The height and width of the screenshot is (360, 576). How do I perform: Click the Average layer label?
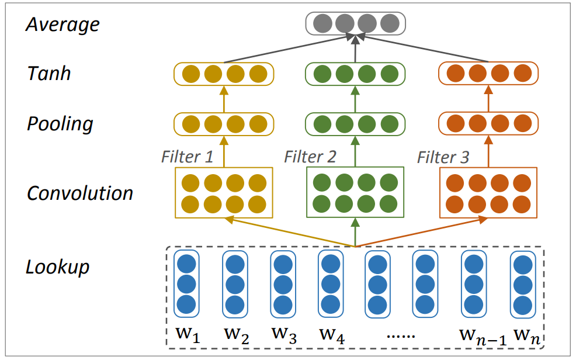pos(63,25)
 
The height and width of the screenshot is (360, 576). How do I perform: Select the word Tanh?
pos(49,73)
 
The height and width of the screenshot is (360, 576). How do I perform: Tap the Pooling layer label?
pos(60,124)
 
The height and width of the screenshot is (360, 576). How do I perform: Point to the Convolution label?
pos(79,193)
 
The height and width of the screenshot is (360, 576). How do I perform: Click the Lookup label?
pos(57,267)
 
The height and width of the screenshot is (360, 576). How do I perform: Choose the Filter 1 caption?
pos(187,157)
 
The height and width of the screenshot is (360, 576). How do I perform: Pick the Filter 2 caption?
pos(310,157)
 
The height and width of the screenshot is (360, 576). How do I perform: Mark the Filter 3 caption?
pos(443,158)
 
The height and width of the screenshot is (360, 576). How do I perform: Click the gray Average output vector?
pos(356,23)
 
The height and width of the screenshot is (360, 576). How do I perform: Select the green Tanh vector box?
pos(355,74)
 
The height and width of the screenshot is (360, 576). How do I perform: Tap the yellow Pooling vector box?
pos(224,124)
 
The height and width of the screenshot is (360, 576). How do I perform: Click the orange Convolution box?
pos(488,193)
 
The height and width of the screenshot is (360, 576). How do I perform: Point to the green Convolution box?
pos(355,192)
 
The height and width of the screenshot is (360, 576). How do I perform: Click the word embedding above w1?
pos(186,284)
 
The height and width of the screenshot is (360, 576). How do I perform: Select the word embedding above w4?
pos(331,284)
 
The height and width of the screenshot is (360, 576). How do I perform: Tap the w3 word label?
pos(284,335)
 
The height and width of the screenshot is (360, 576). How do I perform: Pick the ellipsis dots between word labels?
pos(401,336)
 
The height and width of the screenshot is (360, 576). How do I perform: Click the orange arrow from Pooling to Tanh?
pos(488,98)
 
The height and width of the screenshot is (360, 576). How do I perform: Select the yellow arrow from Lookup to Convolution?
pos(290,232)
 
